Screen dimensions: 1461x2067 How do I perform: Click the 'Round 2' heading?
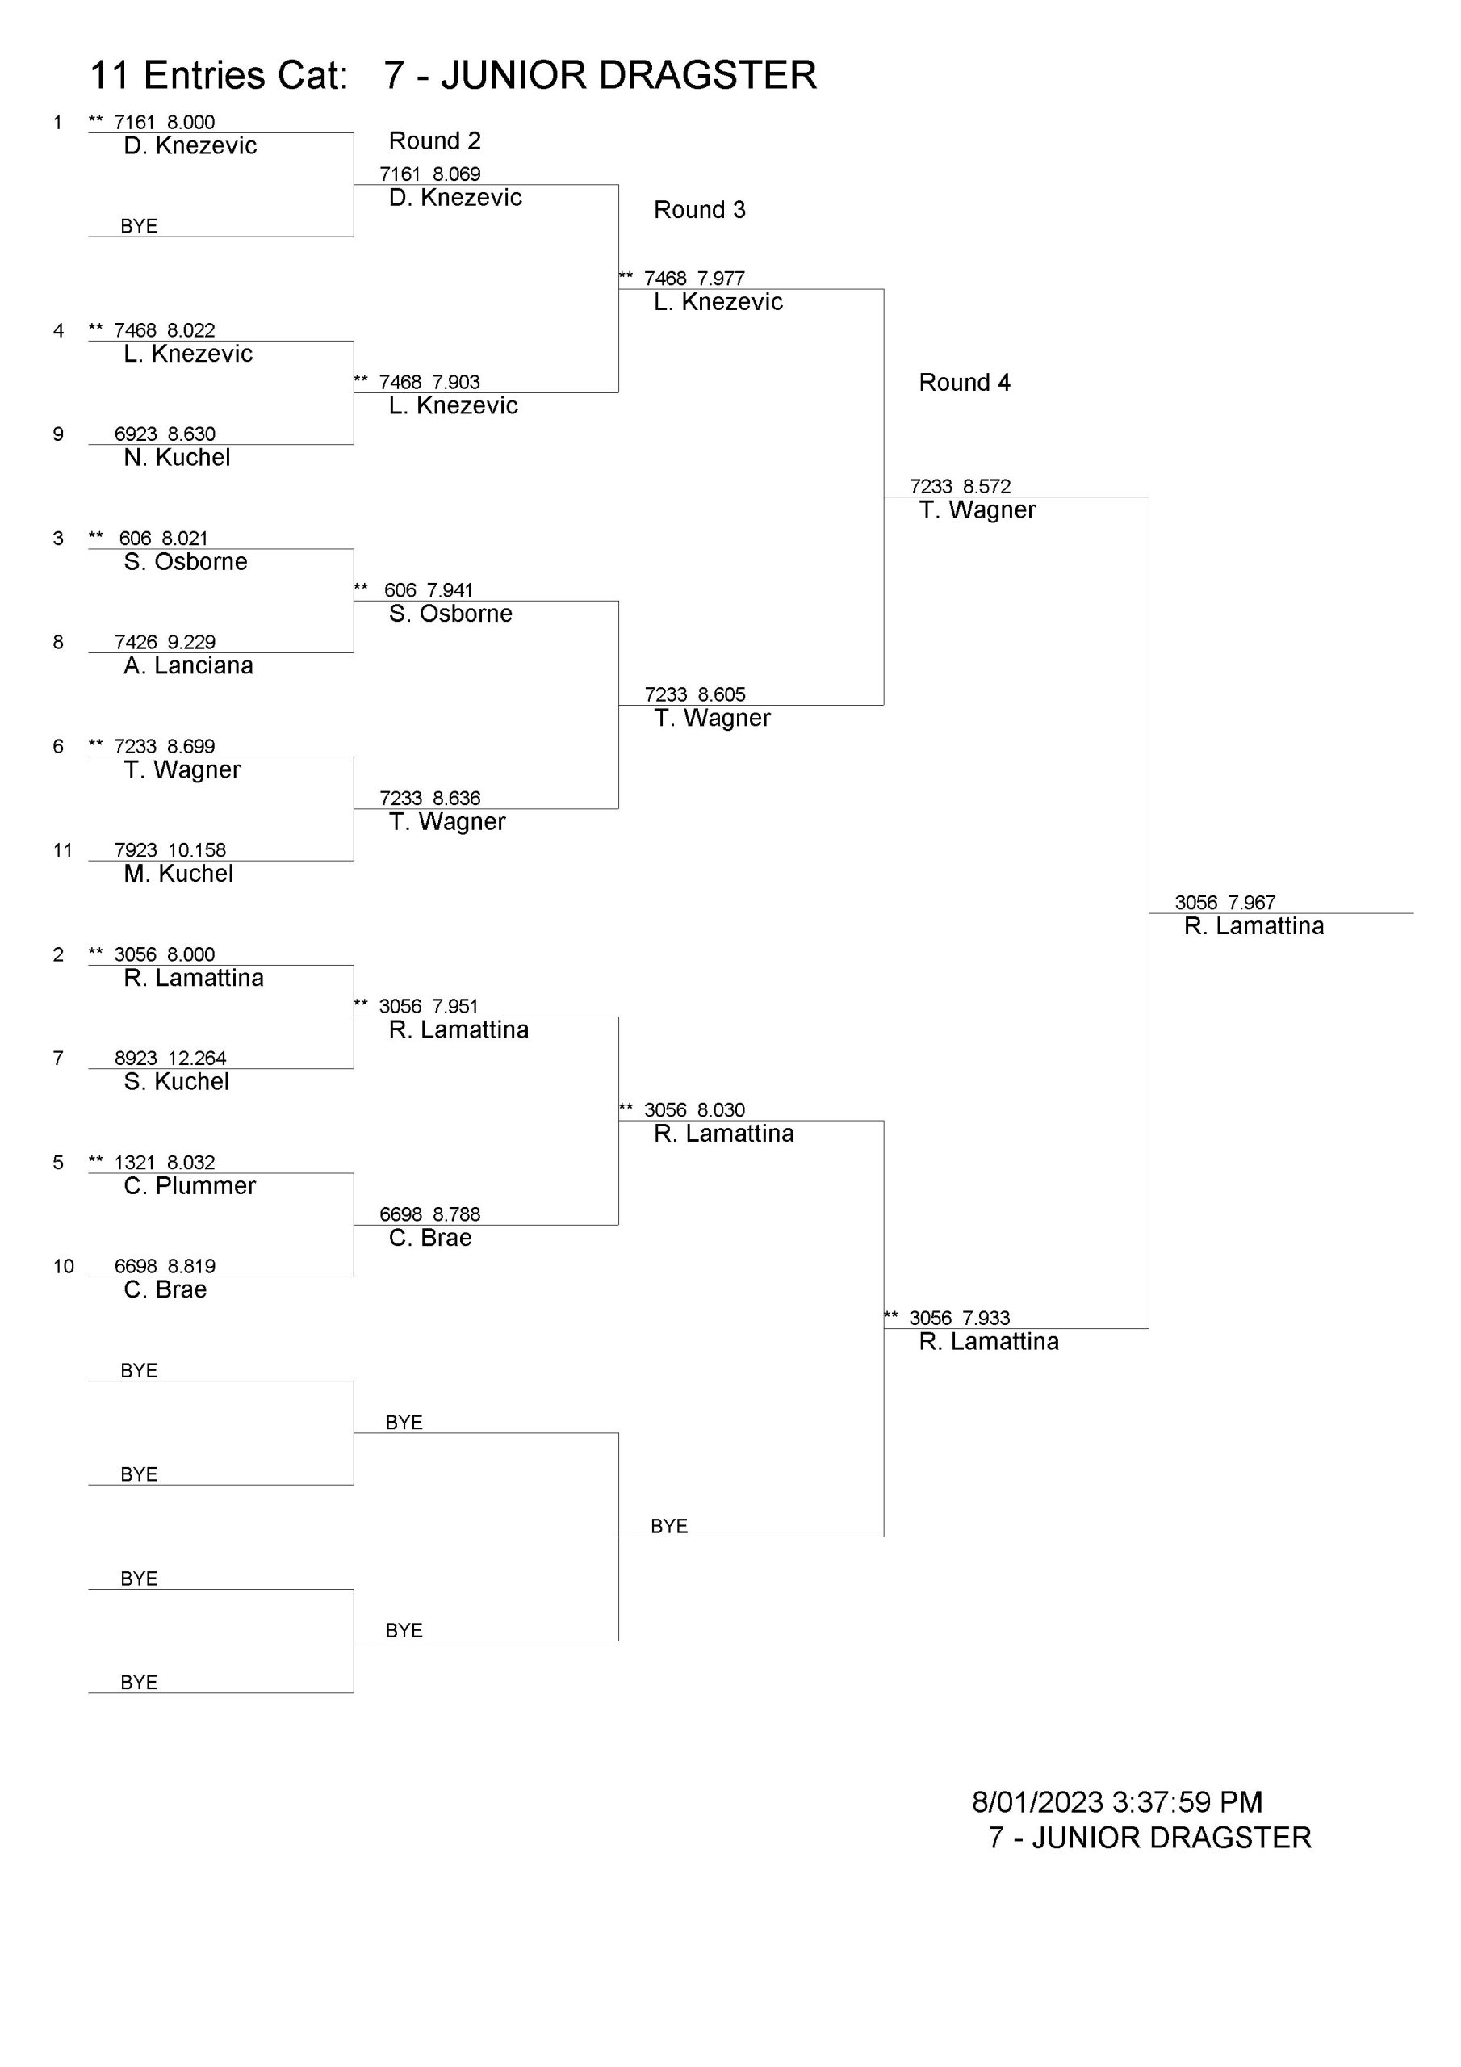435,141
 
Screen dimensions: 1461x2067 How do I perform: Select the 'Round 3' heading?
700,210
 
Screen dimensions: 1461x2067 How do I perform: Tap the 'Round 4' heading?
964,383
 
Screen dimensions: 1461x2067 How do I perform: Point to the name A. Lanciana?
188,665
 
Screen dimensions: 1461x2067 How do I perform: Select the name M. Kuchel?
178,874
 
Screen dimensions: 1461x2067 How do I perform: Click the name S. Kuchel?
177,1081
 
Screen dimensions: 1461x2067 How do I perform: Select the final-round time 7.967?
1251,902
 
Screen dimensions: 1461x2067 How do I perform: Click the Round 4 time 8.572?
986,486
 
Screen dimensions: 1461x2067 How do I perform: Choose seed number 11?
62,850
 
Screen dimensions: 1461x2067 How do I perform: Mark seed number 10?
63,1266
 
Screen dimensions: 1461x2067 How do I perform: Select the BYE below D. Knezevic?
139,226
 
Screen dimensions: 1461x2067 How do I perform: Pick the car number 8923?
136,1058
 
